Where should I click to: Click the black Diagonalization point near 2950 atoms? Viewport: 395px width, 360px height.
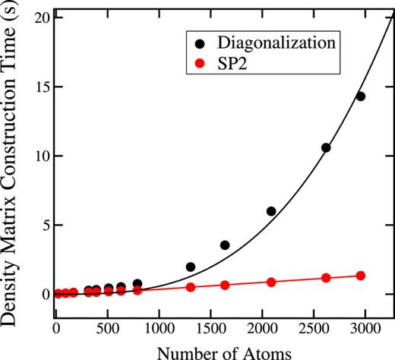pyautogui.click(x=361, y=96)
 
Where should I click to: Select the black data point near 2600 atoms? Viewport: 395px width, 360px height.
pyautogui.click(x=326, y=148)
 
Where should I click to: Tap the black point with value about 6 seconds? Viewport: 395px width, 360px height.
pyautogui.click(x=271, y=211)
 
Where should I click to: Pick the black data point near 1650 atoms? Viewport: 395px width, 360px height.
pyautogui.click(x=225, y=245)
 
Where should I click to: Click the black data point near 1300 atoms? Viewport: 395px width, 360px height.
pyautogui.click(x=191, y=267)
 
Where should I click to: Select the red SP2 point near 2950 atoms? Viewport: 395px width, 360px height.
pyautogui.click(x=361, y=276)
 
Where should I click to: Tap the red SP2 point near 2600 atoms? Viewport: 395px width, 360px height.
pyautogui.click(x=326, y=278)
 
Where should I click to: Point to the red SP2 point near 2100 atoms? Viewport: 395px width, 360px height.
pyautogui.click(x=271, y=282)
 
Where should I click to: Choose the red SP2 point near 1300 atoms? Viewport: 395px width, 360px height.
pyautogui.click(x=191, y=287)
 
